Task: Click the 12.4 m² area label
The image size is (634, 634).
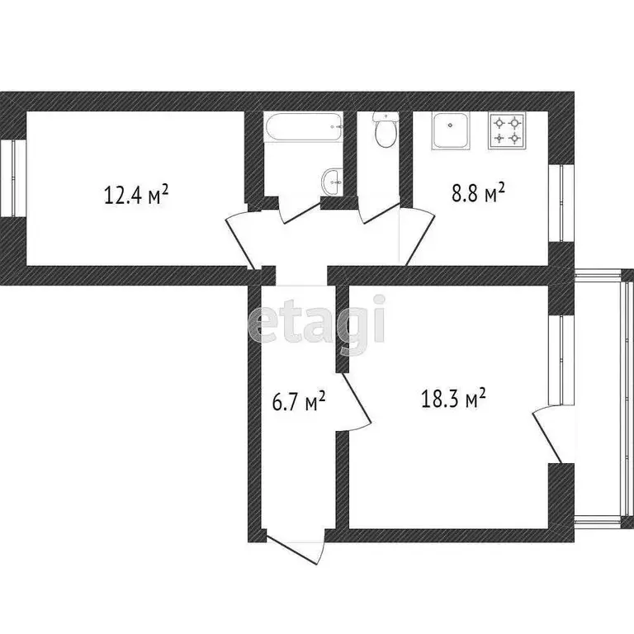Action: click(136, 195)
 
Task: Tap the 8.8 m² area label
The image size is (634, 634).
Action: click(478, 195)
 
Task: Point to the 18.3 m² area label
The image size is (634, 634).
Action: click(452, 400)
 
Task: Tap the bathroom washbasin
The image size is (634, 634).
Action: click(332, 180)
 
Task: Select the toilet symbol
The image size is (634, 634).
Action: click(384, 131)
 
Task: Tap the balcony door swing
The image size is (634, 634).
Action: click(547, 434)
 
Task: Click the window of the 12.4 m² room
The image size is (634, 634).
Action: click(16, 179)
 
